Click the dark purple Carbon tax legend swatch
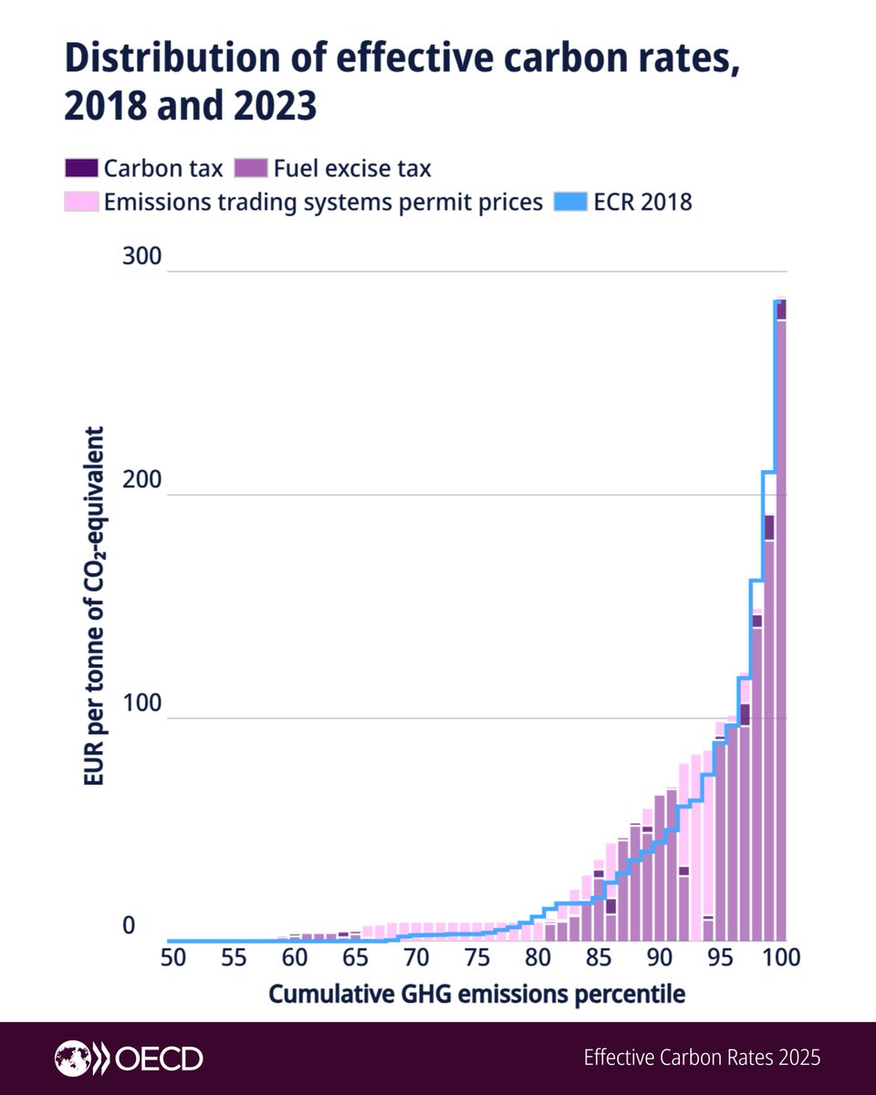[80, 169]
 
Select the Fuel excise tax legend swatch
[251, 169]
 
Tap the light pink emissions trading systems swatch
[80, 202]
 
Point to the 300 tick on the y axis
[141, 256]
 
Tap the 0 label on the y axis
[129, 926]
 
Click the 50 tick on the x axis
[172, 958]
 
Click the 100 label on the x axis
[781, 958]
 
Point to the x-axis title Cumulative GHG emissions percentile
[476, 994]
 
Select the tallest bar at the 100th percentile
[781, 620]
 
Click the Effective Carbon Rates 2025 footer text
[702, 1058]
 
